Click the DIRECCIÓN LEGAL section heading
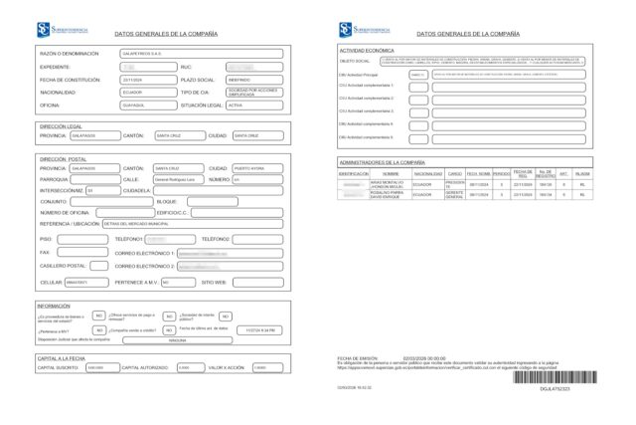(x=61, y=126)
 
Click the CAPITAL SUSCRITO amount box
(x=100, y=367)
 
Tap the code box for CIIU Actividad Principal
(x=418, y=74)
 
